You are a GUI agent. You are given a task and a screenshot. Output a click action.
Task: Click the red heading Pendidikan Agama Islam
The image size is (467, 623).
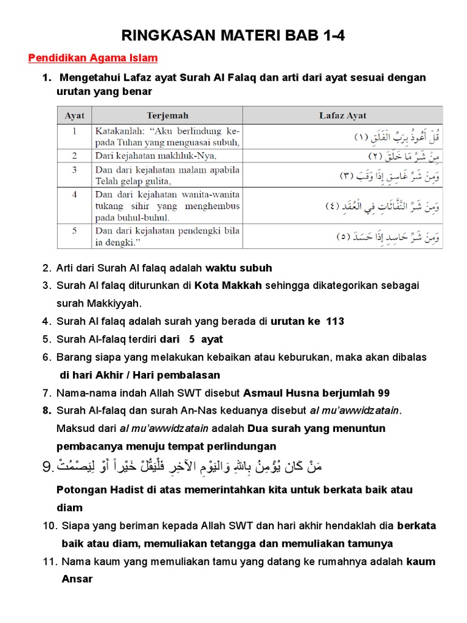tap(93, 58)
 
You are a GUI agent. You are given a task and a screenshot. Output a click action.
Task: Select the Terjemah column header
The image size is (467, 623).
tap(167, 115)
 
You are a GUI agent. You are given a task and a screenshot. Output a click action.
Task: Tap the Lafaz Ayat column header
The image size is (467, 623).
tap(343, 115)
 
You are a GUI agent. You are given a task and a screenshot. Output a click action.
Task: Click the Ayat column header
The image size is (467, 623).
tap(74, 115)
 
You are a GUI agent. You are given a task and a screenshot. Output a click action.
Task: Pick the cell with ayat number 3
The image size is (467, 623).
tap(74, 170)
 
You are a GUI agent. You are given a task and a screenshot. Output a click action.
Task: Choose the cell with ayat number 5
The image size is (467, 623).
tap(74, 231)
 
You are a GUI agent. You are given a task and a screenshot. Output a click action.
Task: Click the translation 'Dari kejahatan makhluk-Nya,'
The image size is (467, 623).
tap(156, 155)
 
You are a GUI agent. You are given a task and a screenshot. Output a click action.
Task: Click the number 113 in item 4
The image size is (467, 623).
tap(335, 321)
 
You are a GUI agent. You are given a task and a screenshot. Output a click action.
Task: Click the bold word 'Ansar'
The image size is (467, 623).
tap(77, 579)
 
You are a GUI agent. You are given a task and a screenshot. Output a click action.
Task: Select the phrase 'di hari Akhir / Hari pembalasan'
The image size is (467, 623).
tap(139, 375)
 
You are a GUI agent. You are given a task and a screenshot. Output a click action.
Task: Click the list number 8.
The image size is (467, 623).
tap(47, 411)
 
